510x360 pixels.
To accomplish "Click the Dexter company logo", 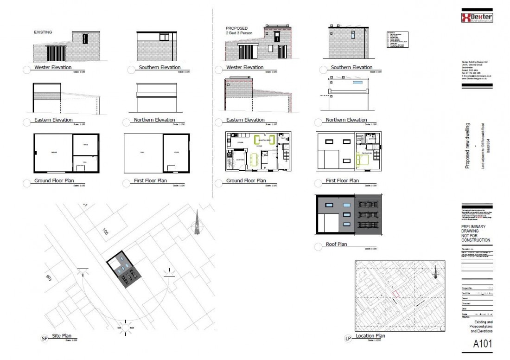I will coord(477,18).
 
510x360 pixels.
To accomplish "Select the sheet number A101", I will coord(483,345).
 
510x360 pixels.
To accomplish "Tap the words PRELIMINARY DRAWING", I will coord(476,230).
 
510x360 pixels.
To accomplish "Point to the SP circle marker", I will coord(45,339).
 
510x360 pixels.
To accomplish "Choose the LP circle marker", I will coord(348,339).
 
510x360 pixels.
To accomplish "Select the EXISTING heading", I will coord(43,32).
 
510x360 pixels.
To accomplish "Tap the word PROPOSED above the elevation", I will coord(237,28).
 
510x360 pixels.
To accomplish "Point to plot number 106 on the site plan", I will coord(48,277).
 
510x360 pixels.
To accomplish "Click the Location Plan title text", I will coord(370,336).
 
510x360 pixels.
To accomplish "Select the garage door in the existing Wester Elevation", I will coord(56,53).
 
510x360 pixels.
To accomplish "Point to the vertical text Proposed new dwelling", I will coord(468,146).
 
